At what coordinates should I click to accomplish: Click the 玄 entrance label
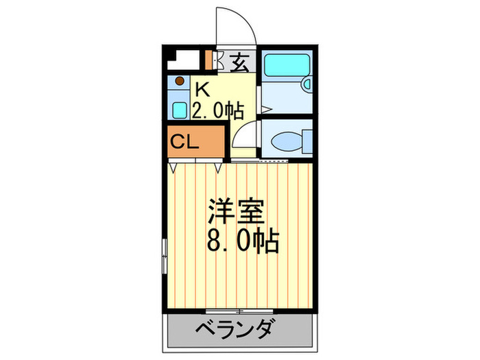tap(239, 63)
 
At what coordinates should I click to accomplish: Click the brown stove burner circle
tap(179, 82)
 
